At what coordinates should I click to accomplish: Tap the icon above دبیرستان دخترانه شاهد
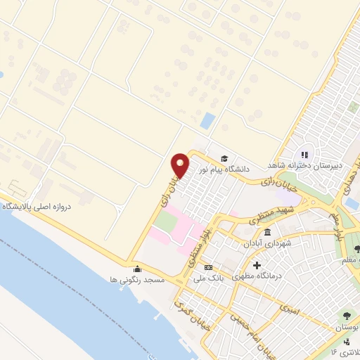[x=304, y=155]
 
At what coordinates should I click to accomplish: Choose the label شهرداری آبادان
[x=267, y=244]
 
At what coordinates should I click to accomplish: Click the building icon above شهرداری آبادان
[x=267, y=233]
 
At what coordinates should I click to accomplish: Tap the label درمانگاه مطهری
[x=257, y=276]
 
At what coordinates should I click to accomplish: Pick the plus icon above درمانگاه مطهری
[x=257, y=266]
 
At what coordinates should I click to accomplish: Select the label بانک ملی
[x=209, y=278]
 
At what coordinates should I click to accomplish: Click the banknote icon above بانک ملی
[x=208, y=268]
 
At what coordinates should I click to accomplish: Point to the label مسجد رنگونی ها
[x=136, y=279]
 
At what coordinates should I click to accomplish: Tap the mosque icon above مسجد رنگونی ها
[x=136, y=268]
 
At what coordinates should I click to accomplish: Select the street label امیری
[x=289, y=307]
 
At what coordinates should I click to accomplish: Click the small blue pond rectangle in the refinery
[x=207, y=120]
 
